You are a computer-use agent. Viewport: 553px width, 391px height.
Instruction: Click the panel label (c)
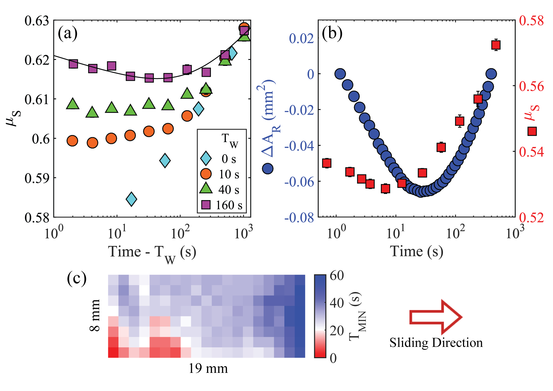tap(77, 279)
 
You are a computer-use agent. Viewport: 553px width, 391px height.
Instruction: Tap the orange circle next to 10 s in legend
tap(206, 174)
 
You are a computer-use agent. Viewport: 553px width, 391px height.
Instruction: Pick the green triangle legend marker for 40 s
tap(206, 189)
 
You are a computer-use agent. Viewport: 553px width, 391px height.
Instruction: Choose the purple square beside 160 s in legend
tap(206, 205)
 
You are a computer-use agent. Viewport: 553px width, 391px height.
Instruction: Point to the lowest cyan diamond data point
tap(131, 199)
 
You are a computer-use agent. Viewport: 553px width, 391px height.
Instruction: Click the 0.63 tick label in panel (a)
tap(37, 21)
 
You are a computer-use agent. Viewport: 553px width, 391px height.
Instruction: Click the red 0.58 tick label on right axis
tap(531, 21)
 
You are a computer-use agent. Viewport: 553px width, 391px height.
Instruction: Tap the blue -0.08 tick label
tap(299, 217)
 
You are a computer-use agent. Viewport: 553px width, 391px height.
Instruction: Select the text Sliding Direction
tap(436, 343)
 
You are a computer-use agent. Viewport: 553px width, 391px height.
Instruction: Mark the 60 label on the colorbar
tap(337, 276)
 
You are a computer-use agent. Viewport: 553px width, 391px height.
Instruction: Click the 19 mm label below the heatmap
tap(208, 368)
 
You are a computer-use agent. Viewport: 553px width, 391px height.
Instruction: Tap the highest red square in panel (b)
tap(496, 45)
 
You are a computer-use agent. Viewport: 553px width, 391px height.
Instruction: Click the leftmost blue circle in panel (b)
tap(340, 74)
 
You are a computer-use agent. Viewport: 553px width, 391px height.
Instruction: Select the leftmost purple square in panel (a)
tap(73, 64)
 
